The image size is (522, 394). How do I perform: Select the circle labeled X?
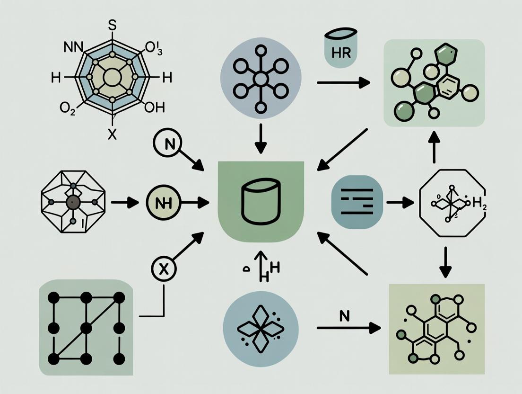pos(163,270)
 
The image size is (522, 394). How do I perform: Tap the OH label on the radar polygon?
pos(154,107)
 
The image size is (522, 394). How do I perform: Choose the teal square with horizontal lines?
pos(357,202)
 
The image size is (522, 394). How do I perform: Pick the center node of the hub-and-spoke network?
pos(261,79)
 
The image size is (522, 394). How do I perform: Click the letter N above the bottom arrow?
pos(344,316)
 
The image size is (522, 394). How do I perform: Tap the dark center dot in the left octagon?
pos(73,203)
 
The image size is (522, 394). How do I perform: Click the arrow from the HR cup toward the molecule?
pos(343,83)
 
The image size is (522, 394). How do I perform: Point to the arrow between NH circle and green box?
pos(195,203)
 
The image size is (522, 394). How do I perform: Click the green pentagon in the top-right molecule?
pos(444,56)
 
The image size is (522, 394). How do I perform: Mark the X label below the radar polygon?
pos(112,134)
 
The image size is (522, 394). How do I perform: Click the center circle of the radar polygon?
pos(112,77)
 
